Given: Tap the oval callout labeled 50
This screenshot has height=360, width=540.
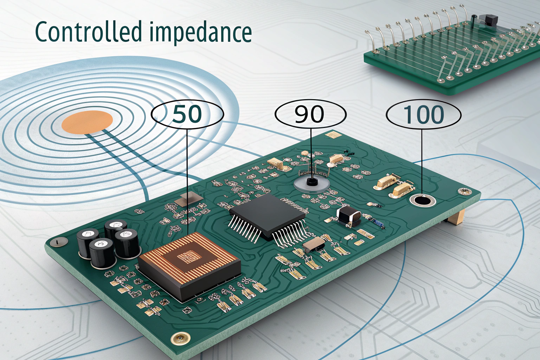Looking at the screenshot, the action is [187, 114].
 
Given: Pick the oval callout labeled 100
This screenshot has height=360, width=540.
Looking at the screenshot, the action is [424, 114].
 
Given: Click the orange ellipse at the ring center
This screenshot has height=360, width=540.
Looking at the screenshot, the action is [87, 122].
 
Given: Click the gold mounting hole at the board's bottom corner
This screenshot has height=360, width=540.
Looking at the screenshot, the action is [180, 339].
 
